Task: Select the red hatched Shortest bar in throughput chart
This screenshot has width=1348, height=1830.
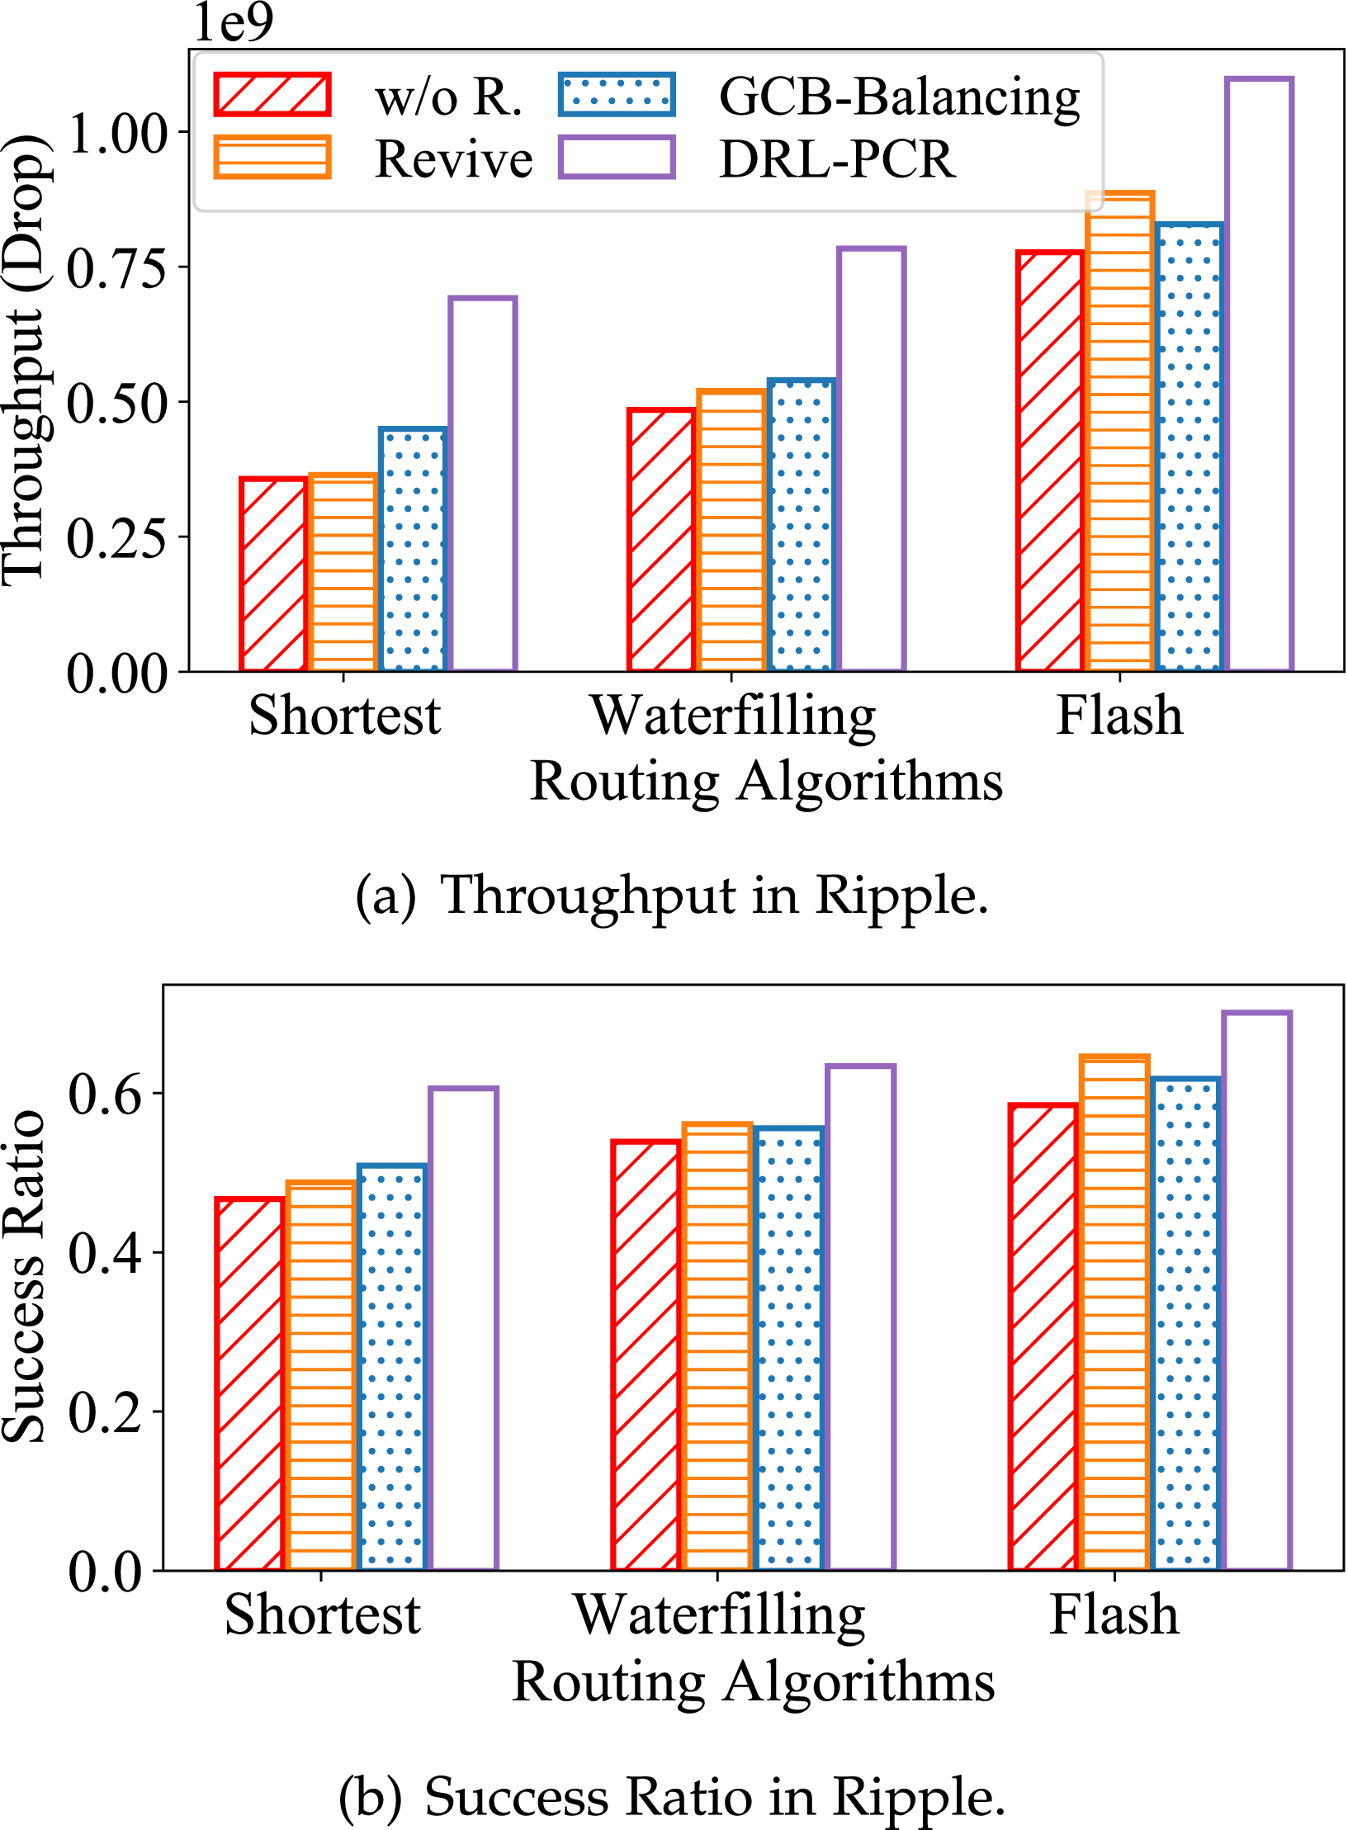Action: (x=273, y=575)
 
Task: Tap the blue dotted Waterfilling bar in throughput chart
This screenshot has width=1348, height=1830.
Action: (x=801, y=525)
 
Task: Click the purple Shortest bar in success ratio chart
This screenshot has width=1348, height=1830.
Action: (x=463, y=1328)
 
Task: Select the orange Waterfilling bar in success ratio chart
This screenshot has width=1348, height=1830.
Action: (x=717, y=1346)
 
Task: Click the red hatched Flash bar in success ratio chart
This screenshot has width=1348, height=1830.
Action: (x=1043, y=1336)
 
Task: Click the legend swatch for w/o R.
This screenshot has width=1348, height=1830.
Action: (x=272, y=94)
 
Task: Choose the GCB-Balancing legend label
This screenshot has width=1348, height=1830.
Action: (x=899, y=97)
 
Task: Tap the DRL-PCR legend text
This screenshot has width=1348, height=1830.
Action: (x=837, y=158)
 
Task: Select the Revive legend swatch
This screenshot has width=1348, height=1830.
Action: (x=272, y=157)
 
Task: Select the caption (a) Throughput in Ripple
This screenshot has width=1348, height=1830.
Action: (x=672, y=895)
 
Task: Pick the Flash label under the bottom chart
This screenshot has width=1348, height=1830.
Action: (x=1114, y=1615)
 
